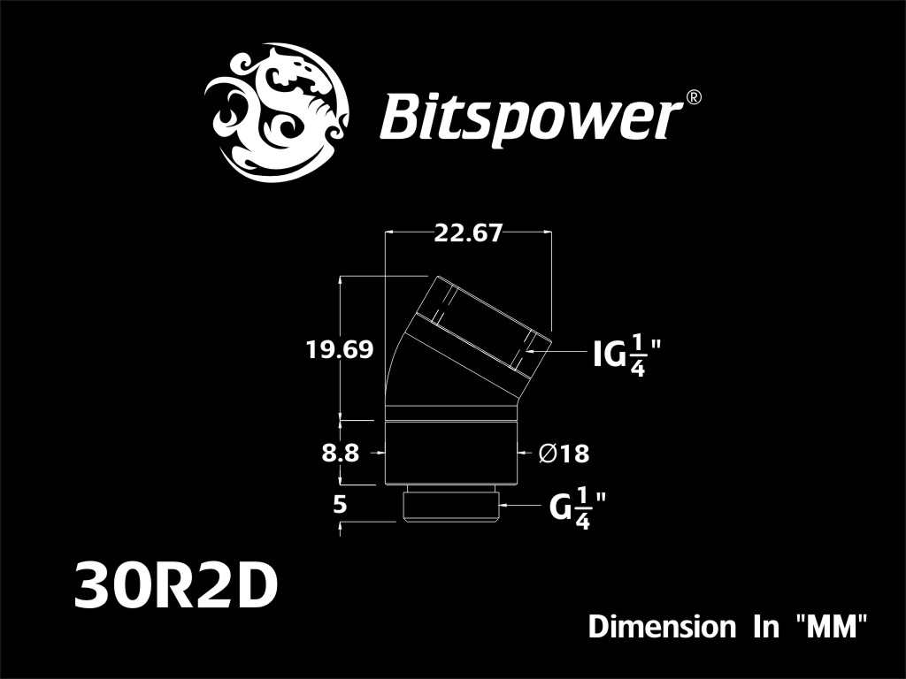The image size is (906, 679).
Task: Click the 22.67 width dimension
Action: pyautogui.click(x=468, y=233)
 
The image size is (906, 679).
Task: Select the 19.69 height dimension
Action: pyautogui.click(x=340, y=350)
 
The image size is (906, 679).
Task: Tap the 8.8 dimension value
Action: pyautogui.click(x=341, y=454)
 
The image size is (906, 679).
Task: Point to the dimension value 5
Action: pyautogui.click(x=341, y=505)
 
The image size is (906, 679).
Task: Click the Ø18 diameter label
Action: pyautogui.click(x=564, y=454)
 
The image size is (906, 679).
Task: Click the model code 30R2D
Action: pyautogui.click(x=176, y=587)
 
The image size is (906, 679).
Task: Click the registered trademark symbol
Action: pyautogui.click(x=693, y=97)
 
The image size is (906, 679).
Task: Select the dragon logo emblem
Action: pyautogui.click(x=277, y=112)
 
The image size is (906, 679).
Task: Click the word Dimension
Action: pyautogui.click(x=662, y=627)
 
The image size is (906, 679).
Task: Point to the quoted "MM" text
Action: pyautogui.click(x=832, y=627)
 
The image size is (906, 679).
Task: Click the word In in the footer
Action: pyautogui.click(x=766, y=627)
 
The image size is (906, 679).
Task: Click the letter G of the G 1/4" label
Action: pyautogui.click(x=560, y=509)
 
